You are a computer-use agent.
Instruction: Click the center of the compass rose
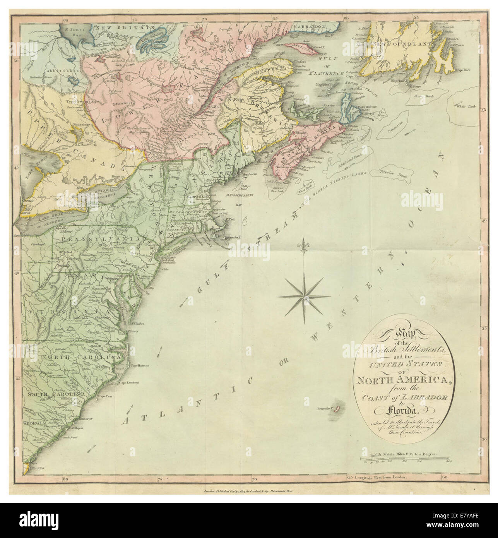[304, 296]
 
